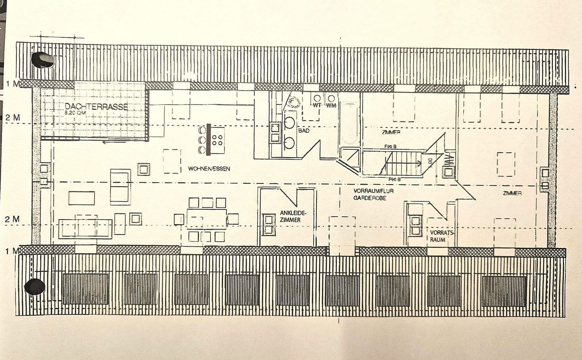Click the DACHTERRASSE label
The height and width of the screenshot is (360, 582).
point(96,107)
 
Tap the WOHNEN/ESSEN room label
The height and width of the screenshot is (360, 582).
point(209,169)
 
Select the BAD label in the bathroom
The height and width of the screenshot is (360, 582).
point(303,131)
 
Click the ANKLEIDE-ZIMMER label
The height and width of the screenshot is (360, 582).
point(292,216)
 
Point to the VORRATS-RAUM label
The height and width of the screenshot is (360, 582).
point(441,236)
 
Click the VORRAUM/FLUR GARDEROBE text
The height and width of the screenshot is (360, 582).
point(373,194)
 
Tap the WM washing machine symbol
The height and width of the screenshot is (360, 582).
point(331,101)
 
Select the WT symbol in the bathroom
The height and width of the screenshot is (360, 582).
point(317,101)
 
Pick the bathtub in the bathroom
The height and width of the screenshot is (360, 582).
point(349,124)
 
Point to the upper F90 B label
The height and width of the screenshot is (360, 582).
point(390,146)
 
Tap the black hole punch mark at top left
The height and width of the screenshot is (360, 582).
point(42,60)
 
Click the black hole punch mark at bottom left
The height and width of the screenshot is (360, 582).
point(35,287)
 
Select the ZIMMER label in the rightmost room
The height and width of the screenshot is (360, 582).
point(512,193)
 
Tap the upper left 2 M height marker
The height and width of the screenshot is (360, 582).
point(13,118)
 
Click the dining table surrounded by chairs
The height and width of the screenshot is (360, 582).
point(207,218)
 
